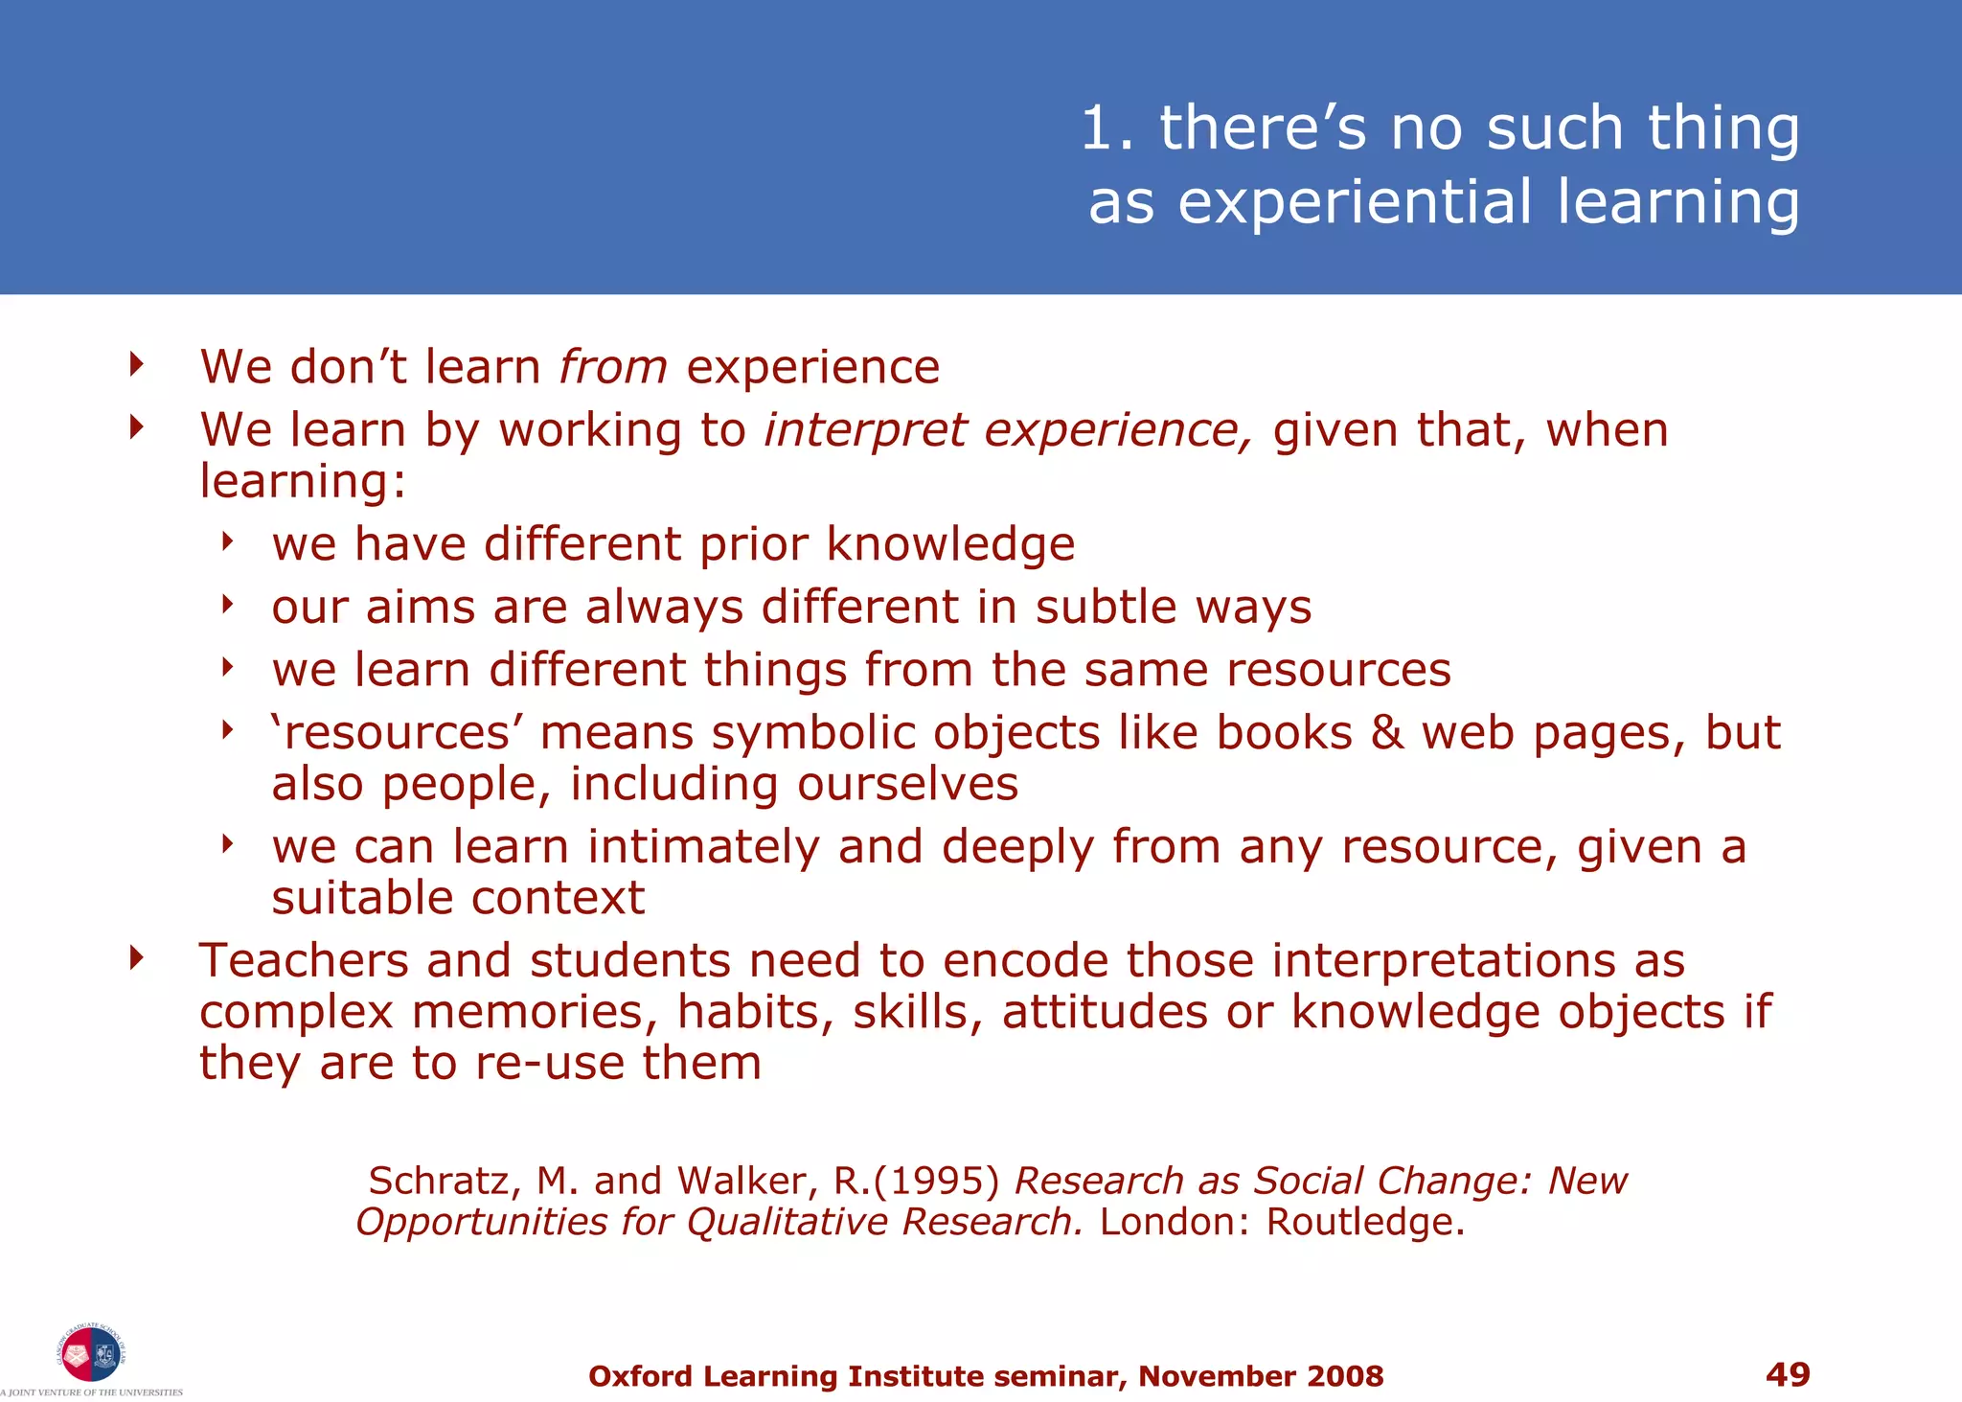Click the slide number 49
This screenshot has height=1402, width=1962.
(x=1787, y=1374)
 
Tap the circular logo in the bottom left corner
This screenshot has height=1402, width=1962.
(x=91, y=1354)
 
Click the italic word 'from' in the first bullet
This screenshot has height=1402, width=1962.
(x=613, y=367)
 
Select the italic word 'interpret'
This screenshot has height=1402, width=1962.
(x=865, y=430)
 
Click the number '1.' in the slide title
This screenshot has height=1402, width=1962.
(x=1107, y=128)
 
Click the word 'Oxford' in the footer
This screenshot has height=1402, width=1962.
(x=640, y=1376)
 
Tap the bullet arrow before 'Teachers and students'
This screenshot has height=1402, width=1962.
(x=137, y=957)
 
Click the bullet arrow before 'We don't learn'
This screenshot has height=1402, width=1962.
(x=137, y=364)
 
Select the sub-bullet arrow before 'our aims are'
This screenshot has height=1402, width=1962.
(x=228, y=604)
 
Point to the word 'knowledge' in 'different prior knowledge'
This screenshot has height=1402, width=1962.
(x=950, y=544)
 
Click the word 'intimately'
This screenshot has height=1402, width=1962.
(x=703, y=847)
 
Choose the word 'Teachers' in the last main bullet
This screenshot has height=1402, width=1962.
(x=304, y=960)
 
